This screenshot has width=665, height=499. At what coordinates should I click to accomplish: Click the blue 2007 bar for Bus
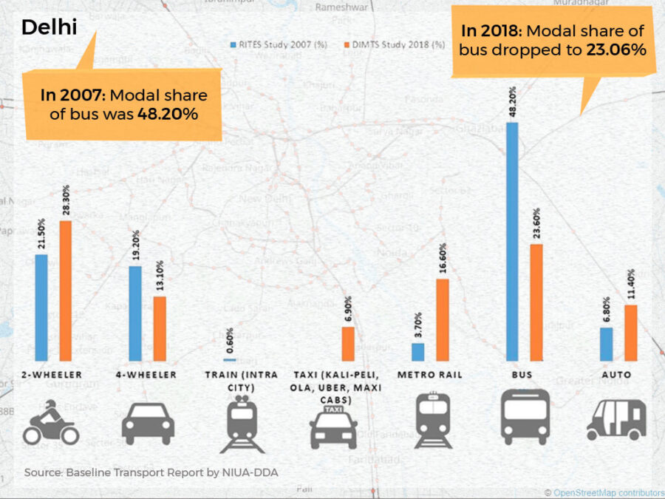(512, 241)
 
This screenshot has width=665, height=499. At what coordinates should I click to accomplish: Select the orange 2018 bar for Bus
(536, 302)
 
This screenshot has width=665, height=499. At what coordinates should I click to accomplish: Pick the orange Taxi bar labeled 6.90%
(347, 343)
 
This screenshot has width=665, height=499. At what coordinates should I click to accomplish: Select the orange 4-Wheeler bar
(160, 328)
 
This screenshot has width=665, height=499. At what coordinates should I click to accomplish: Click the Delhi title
(49, 28)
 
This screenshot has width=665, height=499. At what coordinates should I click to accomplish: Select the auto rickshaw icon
(616, 419)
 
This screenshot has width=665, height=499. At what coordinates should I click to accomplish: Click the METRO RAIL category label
(429, 376)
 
